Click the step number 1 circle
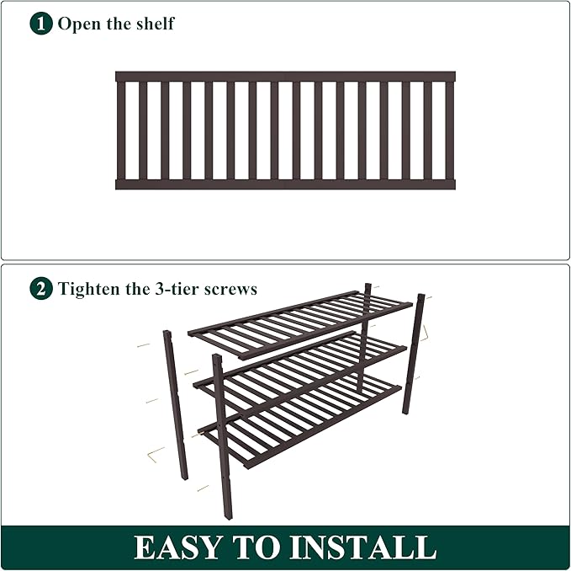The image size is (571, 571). coord(41,23)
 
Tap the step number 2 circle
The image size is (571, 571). coord(41,289)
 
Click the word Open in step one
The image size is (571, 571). coord(77,24)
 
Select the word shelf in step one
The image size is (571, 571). coord(153,23)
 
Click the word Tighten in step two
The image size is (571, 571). coord(91,289)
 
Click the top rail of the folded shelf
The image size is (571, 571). coord(285,76)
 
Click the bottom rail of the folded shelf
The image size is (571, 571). coord(285,184)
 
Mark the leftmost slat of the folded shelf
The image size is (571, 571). coord(121,130)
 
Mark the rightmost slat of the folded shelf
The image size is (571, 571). coord(450,130)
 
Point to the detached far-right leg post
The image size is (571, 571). coord(414,354)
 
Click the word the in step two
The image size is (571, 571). coord(144,289)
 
